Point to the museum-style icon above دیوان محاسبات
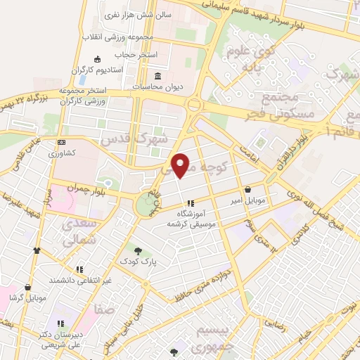pyautogui.click(x=157, y=75)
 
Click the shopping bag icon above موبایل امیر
pyautogui.click(x=248, y=189)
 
